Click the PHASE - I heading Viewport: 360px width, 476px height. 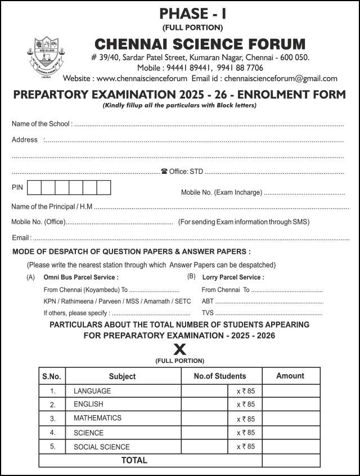tap(192, 13)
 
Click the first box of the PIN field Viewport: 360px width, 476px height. tap(34, 187)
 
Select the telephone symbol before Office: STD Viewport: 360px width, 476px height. tap(164, 171)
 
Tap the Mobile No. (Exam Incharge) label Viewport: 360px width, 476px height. tap(221, 192)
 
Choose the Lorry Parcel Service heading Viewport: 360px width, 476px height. tap(233, 277)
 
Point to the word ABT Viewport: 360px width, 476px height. tap(208, 301)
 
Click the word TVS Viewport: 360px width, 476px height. tap(208, 312)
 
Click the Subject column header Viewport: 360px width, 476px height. tap(122, 376)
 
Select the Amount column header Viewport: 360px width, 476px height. tap(290, 375)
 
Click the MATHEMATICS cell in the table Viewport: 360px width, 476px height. tap(97, 418)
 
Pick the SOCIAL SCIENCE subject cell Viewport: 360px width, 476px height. tap(101, 447)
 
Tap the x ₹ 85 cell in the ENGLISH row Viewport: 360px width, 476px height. tap(245, 404)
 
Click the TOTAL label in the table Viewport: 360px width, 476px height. tap(134, 460)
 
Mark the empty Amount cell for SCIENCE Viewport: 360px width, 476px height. tap(291, 433)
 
